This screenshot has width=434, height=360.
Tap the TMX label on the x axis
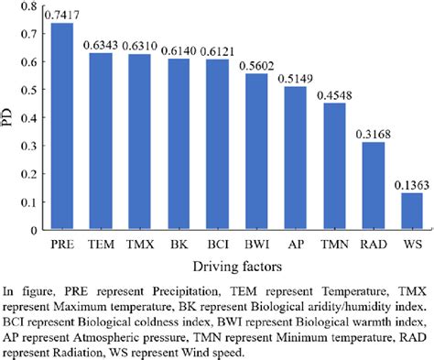pyautogui.click(x=139, y=246)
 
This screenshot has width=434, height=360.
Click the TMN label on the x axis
pyautogui.click(x=333, y=246)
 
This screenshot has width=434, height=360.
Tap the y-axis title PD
pyautogui.click(x=8, y=119)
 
